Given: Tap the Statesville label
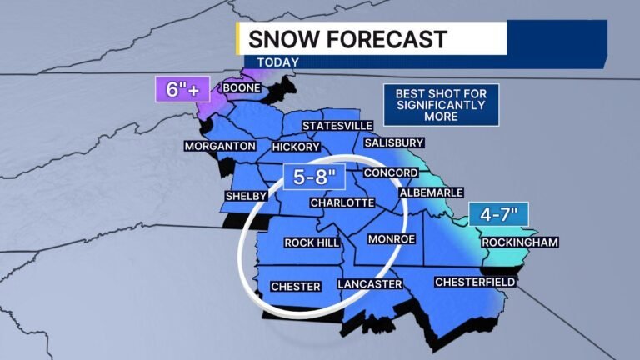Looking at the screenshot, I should click(337, 125).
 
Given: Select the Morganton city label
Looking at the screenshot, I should click(219, 146).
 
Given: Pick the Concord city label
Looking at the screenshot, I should click(390, 172).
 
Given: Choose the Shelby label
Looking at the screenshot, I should click(246, 196).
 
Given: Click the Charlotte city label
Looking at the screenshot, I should click(341, 202).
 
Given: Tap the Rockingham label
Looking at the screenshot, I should click(520, 242).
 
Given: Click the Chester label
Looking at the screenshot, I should click(296, 287).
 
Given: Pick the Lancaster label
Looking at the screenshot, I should click(370, 284).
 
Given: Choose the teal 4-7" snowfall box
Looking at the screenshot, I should click(498, 214).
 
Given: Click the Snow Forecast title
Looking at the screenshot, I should click(347, 38).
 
